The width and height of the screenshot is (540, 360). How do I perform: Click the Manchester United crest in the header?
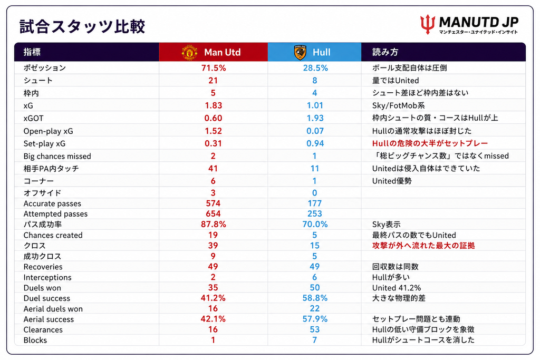click(189, 52)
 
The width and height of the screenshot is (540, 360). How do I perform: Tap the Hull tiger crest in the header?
click(300, 52)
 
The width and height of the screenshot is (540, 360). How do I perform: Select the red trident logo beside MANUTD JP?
click(428, 24)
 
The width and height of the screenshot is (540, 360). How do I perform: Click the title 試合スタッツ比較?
click(82, 26)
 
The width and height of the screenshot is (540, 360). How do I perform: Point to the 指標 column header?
click(32, 52)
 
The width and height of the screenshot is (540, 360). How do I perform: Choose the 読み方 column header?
click(385, 52)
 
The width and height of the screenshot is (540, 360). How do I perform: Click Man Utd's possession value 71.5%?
click(214, 68)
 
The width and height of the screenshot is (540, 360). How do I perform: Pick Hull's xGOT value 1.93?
click(315, 118)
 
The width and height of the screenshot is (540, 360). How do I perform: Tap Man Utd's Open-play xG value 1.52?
click(213, 131)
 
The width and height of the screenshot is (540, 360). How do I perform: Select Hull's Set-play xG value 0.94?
click(315, 143)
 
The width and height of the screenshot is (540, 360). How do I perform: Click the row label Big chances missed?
click(57, 156)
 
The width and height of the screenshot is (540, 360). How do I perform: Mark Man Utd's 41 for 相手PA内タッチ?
click(213, 168)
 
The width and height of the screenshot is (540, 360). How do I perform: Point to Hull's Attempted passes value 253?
click(315, 213)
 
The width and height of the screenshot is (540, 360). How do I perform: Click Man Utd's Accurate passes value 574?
click(213, 203)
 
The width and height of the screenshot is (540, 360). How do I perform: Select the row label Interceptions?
click(47, 277)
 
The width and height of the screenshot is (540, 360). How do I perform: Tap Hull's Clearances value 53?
click(315, 329)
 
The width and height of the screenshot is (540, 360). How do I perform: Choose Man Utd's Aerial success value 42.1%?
click(213, 319)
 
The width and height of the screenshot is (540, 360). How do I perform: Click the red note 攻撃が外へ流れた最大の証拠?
click(423, 246)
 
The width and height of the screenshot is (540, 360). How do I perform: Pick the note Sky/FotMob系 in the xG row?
click(399, 105)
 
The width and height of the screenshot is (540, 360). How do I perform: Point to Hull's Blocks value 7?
click(314, 340)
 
